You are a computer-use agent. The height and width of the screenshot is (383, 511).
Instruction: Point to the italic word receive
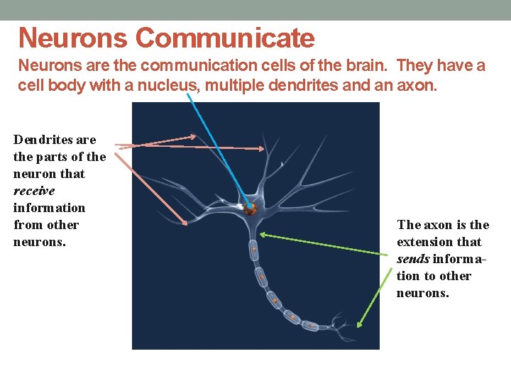[34, 191]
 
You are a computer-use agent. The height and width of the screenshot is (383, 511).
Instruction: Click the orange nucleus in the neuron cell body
[251, 209]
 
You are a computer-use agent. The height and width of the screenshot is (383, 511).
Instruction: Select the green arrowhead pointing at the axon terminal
[359, 325]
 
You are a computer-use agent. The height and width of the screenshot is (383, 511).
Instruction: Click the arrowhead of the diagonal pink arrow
[185, 223]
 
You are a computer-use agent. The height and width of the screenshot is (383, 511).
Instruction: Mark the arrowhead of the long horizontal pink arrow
[263, 148]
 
